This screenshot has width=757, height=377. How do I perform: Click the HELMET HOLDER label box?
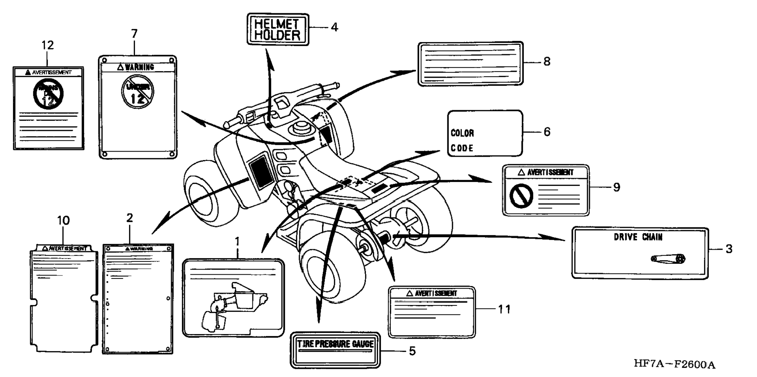(x=278, y=30)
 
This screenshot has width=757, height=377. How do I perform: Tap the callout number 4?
(x=334, y=27)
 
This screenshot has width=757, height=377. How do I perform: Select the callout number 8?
(x=547, y=62)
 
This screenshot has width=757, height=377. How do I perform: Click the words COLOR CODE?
(x=462, y=141)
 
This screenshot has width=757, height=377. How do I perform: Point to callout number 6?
(x=547, y=132)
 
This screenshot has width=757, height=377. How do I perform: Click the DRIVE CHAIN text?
(x=638, y=237)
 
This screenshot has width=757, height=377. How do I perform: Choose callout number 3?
(x=729, y=249)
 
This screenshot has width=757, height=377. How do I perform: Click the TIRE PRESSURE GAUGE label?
(x=335, y=344)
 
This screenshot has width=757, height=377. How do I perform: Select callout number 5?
(x=412, y=351)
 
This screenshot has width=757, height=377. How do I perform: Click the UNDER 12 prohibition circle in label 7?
(x=137, y=92)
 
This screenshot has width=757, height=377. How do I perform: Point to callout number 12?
(x=48, y=45)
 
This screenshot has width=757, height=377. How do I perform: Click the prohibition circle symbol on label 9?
(x=521, y=196)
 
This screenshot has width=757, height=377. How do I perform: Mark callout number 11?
(x=504, y=309)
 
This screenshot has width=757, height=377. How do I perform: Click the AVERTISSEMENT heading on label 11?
(x=432, y=293)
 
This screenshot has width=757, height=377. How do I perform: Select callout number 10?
(x=63, y=221)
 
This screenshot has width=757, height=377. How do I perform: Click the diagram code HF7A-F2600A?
(x=674, y=364)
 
